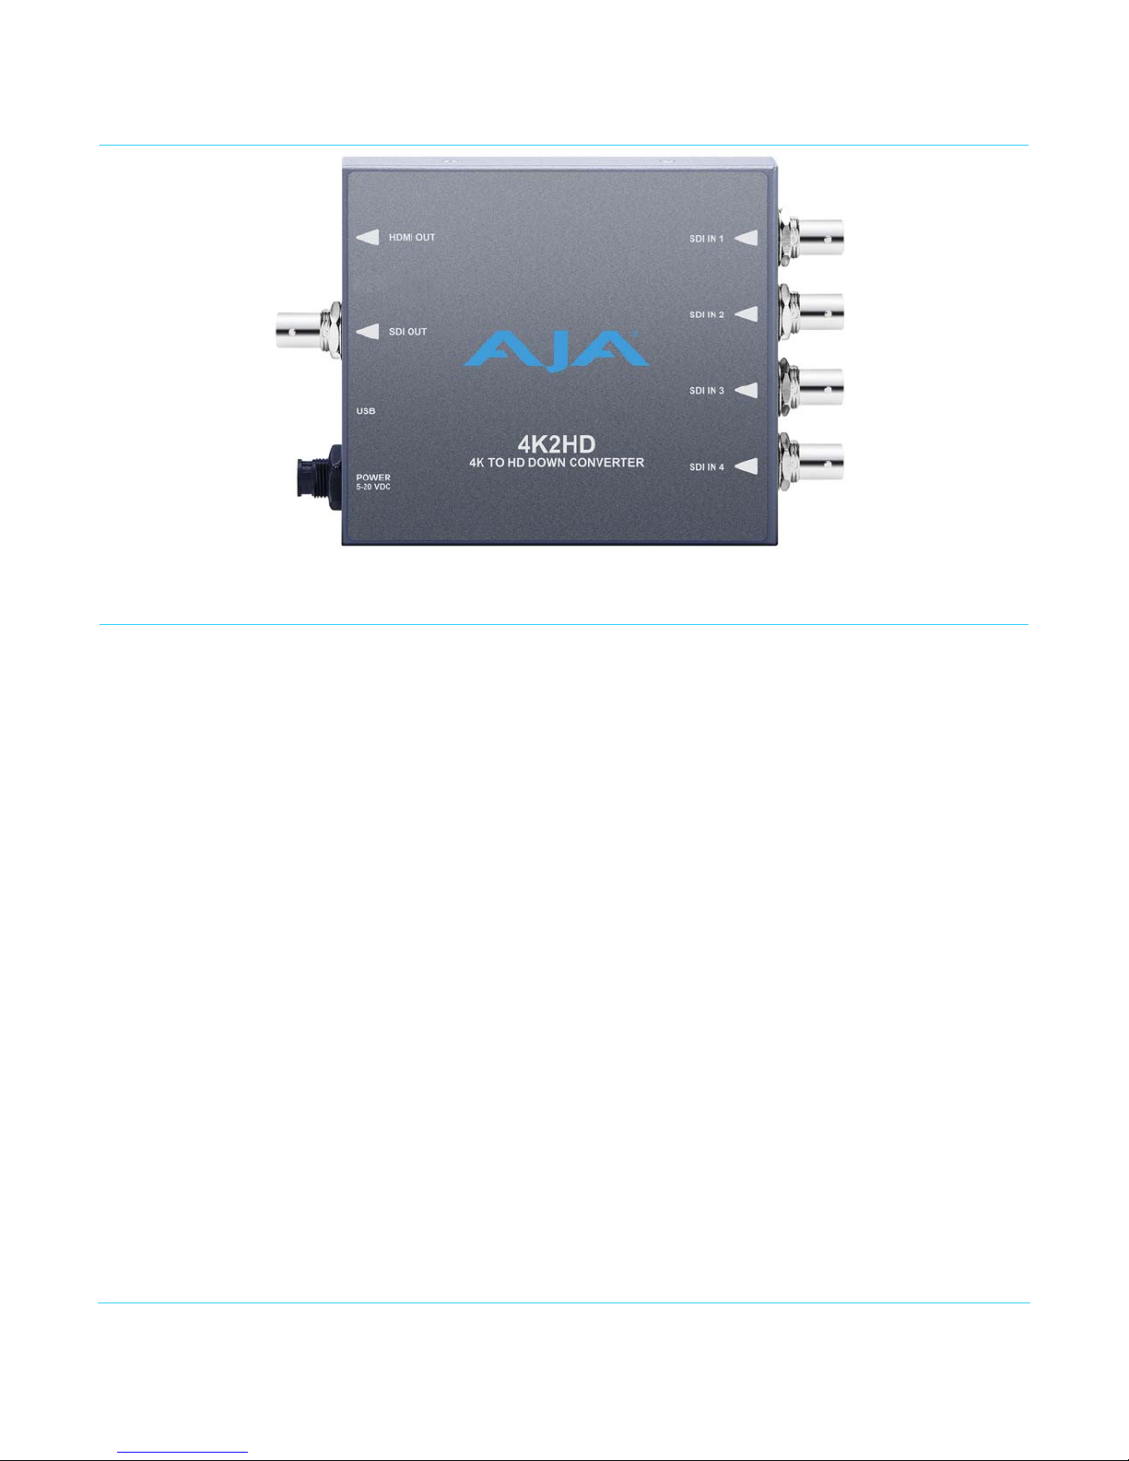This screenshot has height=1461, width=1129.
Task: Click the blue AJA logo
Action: pos(556,350)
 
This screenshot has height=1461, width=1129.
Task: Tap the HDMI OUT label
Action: pos(411,238)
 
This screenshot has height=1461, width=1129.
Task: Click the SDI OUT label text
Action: pos(407,332)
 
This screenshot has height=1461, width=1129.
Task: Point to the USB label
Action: pos(366,411)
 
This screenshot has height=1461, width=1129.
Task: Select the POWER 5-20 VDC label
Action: pos(373,482)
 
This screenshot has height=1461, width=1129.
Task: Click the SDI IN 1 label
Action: pos(707,239)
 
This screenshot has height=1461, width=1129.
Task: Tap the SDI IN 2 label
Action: pos(707,315)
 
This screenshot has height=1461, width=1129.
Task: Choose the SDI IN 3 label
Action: pos(707,391)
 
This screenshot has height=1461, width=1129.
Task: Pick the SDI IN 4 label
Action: pos(707,467)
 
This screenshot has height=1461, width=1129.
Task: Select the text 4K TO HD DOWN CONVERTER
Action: pos(555,463)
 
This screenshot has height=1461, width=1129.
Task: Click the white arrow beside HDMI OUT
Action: pos(368,238)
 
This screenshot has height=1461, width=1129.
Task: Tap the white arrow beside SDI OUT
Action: pos(368,332)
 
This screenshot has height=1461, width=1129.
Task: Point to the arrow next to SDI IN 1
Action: pos(747,239)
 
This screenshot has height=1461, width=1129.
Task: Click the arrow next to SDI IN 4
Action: pos(747,466)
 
